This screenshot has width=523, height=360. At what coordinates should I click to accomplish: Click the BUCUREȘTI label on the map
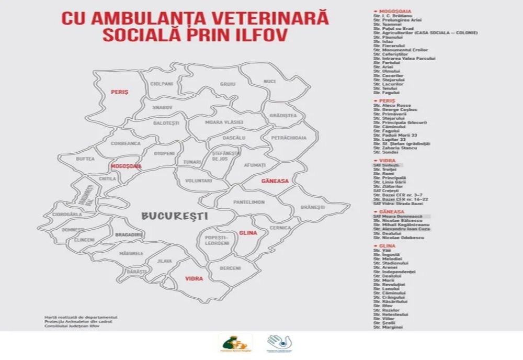(174, 215)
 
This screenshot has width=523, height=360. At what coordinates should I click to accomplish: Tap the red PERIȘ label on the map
(119, 92)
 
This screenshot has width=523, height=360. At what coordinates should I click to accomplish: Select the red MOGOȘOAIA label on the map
(126, 166)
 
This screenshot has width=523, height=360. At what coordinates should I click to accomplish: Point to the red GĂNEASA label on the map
(275, 181)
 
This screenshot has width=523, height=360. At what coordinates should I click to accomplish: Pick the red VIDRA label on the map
(194, 279)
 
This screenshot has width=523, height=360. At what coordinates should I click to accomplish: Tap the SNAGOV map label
(162, 107)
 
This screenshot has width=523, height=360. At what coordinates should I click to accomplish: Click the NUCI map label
(269, 82)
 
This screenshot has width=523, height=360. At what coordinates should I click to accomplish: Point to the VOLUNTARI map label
(198, 181)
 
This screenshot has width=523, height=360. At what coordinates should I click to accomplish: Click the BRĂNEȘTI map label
(313, 207)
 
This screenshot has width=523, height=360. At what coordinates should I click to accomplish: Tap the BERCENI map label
(231, 268)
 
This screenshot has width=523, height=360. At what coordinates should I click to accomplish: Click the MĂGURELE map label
(131, 253)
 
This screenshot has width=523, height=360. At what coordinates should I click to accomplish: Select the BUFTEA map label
(85, 158)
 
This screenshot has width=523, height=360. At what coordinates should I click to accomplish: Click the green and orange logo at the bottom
(235, 343)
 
